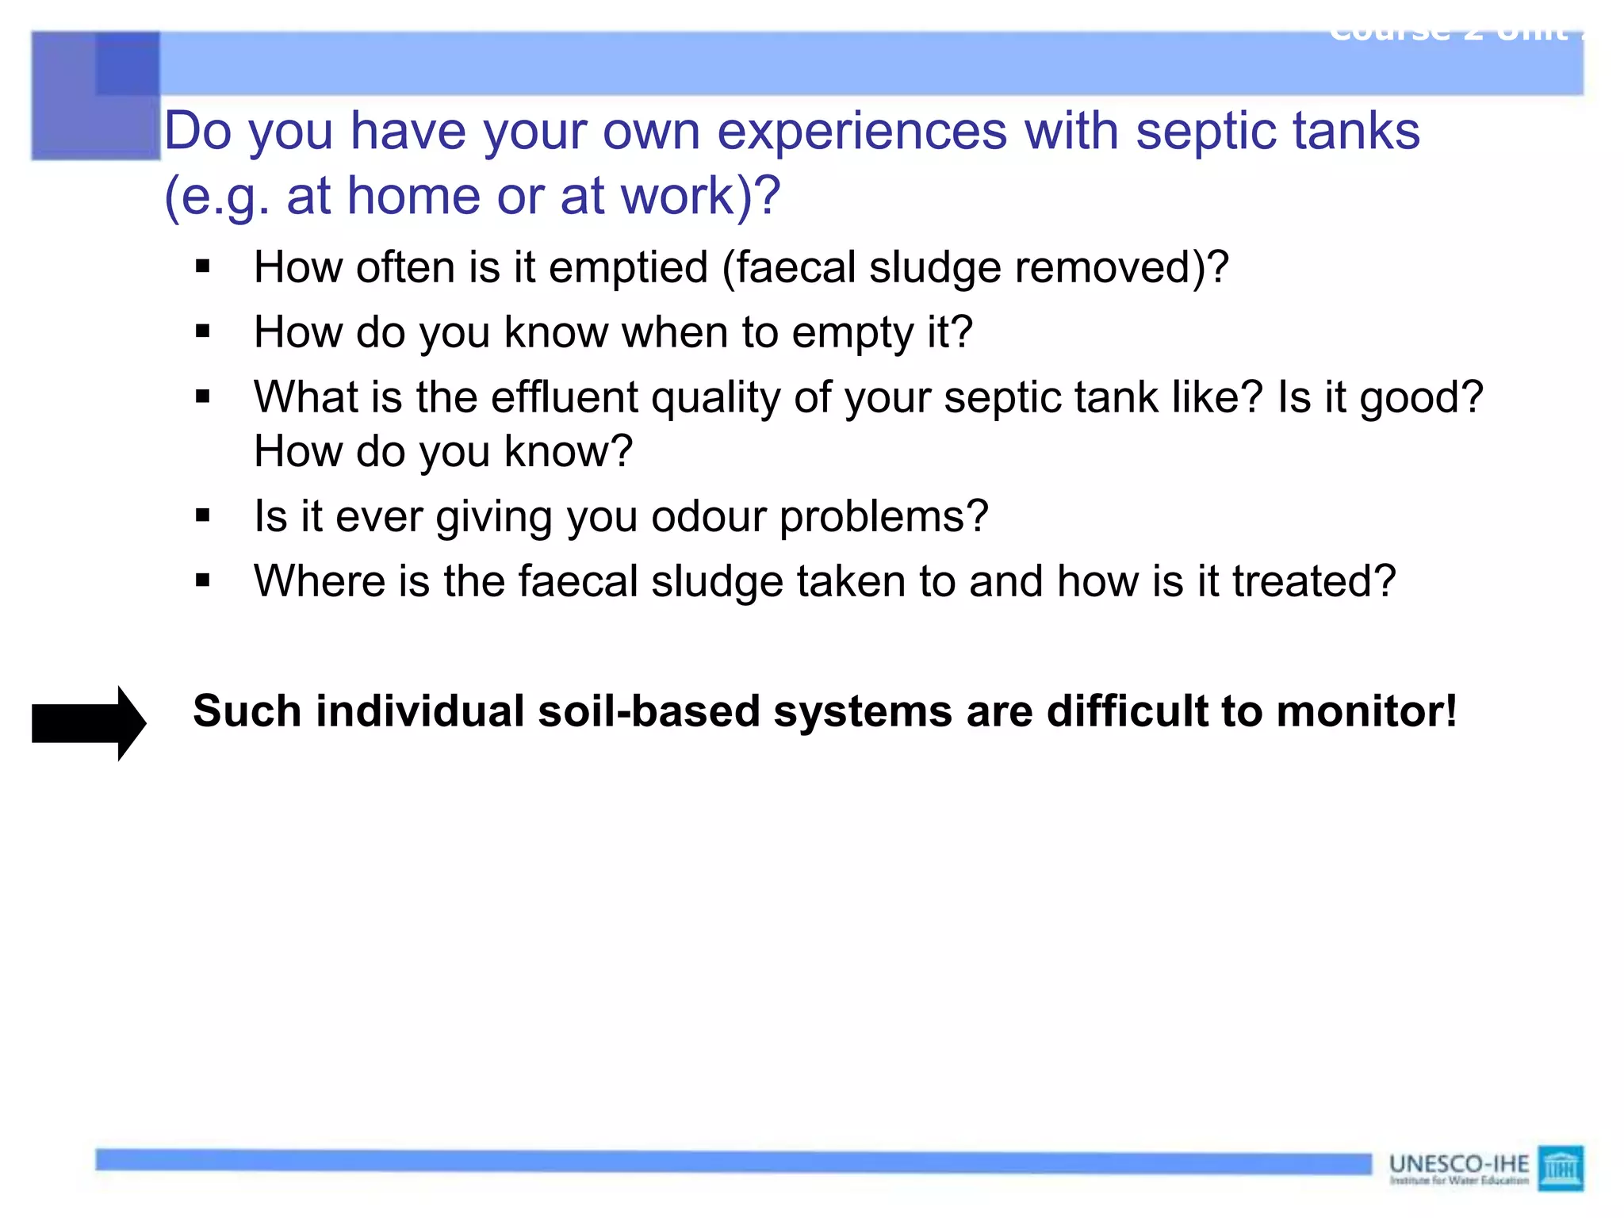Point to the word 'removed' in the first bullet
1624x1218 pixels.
(1109, 268)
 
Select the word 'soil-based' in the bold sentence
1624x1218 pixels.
(648, 711)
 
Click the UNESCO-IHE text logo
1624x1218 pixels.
(1458, 1164)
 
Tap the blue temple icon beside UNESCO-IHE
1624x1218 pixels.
(1560, 1168)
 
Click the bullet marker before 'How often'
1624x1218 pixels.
(203, 267)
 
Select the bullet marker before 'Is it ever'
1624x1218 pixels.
(203, 517)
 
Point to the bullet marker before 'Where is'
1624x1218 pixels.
(203, 581)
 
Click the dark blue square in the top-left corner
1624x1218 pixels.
(127, 63)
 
